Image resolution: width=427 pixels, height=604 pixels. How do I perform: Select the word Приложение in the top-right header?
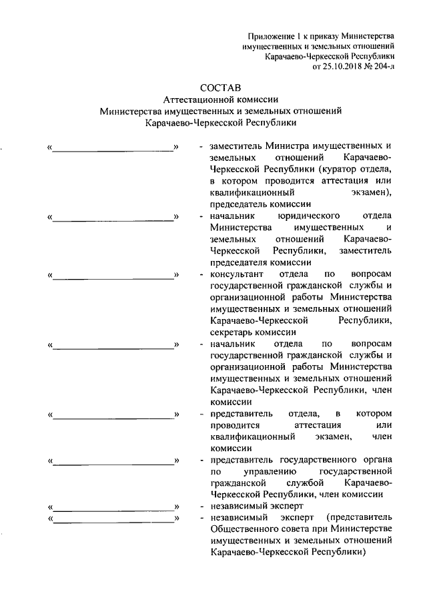pyautogui.click(x=270, y=35)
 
